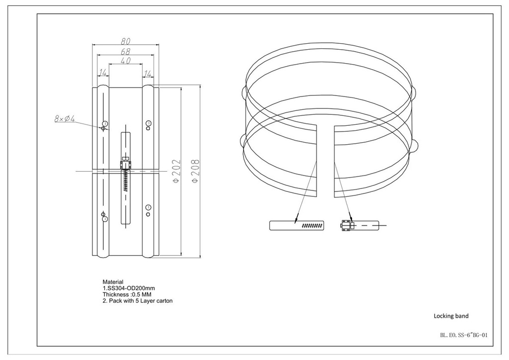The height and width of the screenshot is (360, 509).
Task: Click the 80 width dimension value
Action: pyautogui.click(x=126, y=41)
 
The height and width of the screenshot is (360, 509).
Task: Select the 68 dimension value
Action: pyautogui.click(x=126, y=51)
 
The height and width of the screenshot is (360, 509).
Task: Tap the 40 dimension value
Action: pyautogui.click(x=126, y=61)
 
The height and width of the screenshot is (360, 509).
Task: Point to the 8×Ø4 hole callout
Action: pyautogui.click(x=64, y=119)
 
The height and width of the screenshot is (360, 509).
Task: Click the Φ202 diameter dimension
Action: pyautogui.click(x=175, y=171)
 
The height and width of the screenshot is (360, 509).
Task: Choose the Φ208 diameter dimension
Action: pyautogui.click(x=195, y=171)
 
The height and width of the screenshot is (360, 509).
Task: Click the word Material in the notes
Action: pyautogui.click(x=113, y=282)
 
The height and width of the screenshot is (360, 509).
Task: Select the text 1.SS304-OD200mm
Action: pyautogui.click(x=129, y=288)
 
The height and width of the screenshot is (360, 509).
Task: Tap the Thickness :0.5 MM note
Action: pyautogui.click(x=127, y=294)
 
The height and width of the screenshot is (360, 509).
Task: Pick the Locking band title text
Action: pyautogui.click(x=451, y=316)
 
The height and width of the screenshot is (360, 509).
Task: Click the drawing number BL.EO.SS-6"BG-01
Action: pyautogui.click(x=464, y=335)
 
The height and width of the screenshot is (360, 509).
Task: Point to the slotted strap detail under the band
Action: pyautogui.click(x=297, y=225)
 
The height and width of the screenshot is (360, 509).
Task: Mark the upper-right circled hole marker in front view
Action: pyautogui.click(x=149, y=123)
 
